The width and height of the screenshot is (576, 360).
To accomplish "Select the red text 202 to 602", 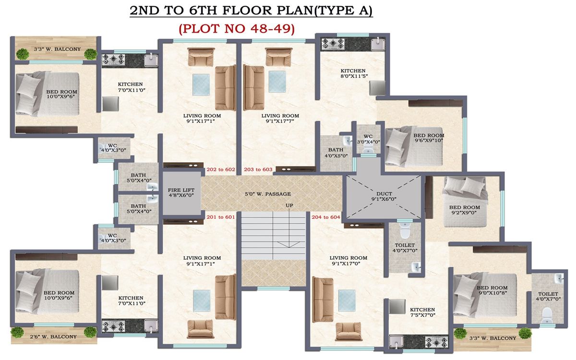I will [x=220, y=169].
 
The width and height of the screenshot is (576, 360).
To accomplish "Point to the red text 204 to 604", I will [x=325, y=217].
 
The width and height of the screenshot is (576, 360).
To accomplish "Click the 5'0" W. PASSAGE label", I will [x=267, y=194].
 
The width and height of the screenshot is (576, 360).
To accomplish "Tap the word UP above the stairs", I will [x=289, y=205].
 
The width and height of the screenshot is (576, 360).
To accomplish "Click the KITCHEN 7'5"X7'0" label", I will [x=422, y=313].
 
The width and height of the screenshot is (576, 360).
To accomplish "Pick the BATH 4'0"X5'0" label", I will [x=336, y=153].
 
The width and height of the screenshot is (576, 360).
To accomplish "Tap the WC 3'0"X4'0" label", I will [x=368, y=139].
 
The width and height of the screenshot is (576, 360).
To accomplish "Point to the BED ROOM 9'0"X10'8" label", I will [x=492, y=289].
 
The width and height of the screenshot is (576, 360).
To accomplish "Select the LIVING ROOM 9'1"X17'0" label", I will [x=348, y=261].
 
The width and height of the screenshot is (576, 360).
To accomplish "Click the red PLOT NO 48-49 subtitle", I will [x=237, y=28].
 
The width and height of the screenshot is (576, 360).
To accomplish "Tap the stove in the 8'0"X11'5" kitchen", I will [x=331, y=44].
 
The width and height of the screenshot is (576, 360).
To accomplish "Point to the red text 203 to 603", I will [x=258, y=169].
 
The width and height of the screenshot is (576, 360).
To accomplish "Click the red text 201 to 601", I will [x=220, y=217].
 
